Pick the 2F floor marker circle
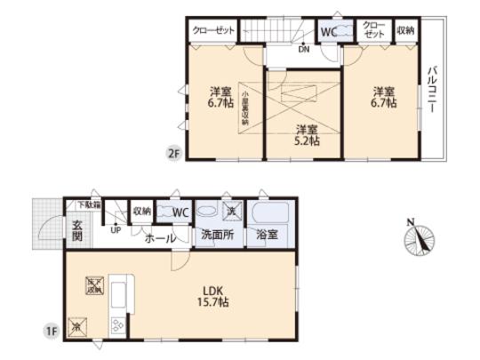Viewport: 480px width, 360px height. click(x=173, y=153)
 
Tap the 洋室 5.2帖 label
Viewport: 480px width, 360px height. click(x=307, y=132)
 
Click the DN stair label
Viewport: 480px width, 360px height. click(x=304, y=49)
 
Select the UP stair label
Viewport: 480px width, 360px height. click(x=116, y=230)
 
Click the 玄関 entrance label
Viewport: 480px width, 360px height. click(x=77, y=229)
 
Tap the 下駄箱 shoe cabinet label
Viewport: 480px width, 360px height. click(x=83, y=205)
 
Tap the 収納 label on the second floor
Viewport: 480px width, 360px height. click(x=405, y=29)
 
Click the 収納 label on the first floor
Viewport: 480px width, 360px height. click(x=142, y=212)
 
